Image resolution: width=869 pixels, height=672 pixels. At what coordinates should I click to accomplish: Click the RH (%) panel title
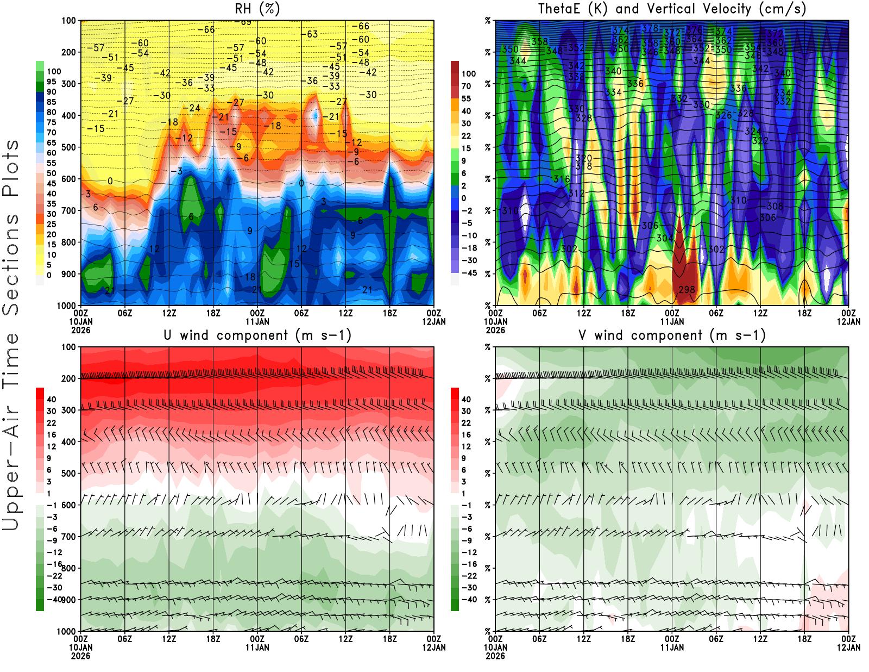[257, 9]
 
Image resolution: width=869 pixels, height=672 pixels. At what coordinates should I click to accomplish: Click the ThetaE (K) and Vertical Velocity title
[672, 9]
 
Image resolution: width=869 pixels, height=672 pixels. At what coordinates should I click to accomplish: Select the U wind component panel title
[257, 335]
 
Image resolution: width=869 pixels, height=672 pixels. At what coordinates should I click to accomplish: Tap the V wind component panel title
[672, 335]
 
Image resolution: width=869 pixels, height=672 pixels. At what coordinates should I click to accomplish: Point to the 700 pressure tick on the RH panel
[69, 210]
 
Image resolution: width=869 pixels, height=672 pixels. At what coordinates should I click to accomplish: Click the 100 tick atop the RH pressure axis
[69, 21]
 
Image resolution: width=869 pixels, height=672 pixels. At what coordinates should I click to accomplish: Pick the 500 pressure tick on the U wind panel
[69, 474]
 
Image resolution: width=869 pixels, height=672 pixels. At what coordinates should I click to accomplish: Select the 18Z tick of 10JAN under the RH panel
[213, 313]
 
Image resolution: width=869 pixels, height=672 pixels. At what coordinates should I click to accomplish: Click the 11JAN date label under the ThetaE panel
[672, 322]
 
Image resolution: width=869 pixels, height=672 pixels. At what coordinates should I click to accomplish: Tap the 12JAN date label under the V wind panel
[848, 648]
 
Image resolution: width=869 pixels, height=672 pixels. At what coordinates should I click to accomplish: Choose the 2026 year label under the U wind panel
[80, 656]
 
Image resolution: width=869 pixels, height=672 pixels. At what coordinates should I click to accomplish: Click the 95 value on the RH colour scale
[52, 82]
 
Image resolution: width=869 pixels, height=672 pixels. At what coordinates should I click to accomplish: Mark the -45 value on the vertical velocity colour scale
[469, 273]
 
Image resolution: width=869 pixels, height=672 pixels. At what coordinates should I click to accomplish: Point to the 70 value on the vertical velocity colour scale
[466, 86]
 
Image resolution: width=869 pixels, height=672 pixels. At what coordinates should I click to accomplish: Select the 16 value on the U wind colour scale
[52, 435]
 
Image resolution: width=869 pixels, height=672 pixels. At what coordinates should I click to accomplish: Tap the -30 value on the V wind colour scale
[469, 588]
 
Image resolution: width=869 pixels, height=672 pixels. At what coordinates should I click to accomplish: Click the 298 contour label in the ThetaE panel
[687, 290]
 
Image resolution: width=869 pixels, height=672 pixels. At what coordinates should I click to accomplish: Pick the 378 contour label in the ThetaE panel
[650, 28]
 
